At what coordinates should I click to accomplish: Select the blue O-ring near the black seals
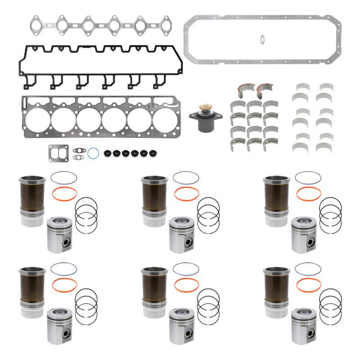click(94, 153)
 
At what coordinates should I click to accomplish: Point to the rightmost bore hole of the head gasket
click(165, 120)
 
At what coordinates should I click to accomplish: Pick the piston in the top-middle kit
click(182, 234)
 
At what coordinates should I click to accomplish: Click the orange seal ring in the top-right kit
click(309, 194)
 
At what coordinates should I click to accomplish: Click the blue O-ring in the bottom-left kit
click(63, 269)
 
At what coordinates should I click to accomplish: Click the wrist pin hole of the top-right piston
click(311, 242)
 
